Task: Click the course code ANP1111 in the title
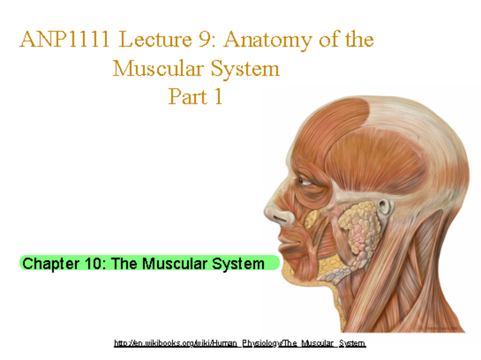tap(65, 40)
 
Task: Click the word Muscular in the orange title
tap(159, 69)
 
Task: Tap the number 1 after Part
tap(218, 97)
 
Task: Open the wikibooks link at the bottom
tap(240, 343)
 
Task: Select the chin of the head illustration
tap(289, 273)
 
